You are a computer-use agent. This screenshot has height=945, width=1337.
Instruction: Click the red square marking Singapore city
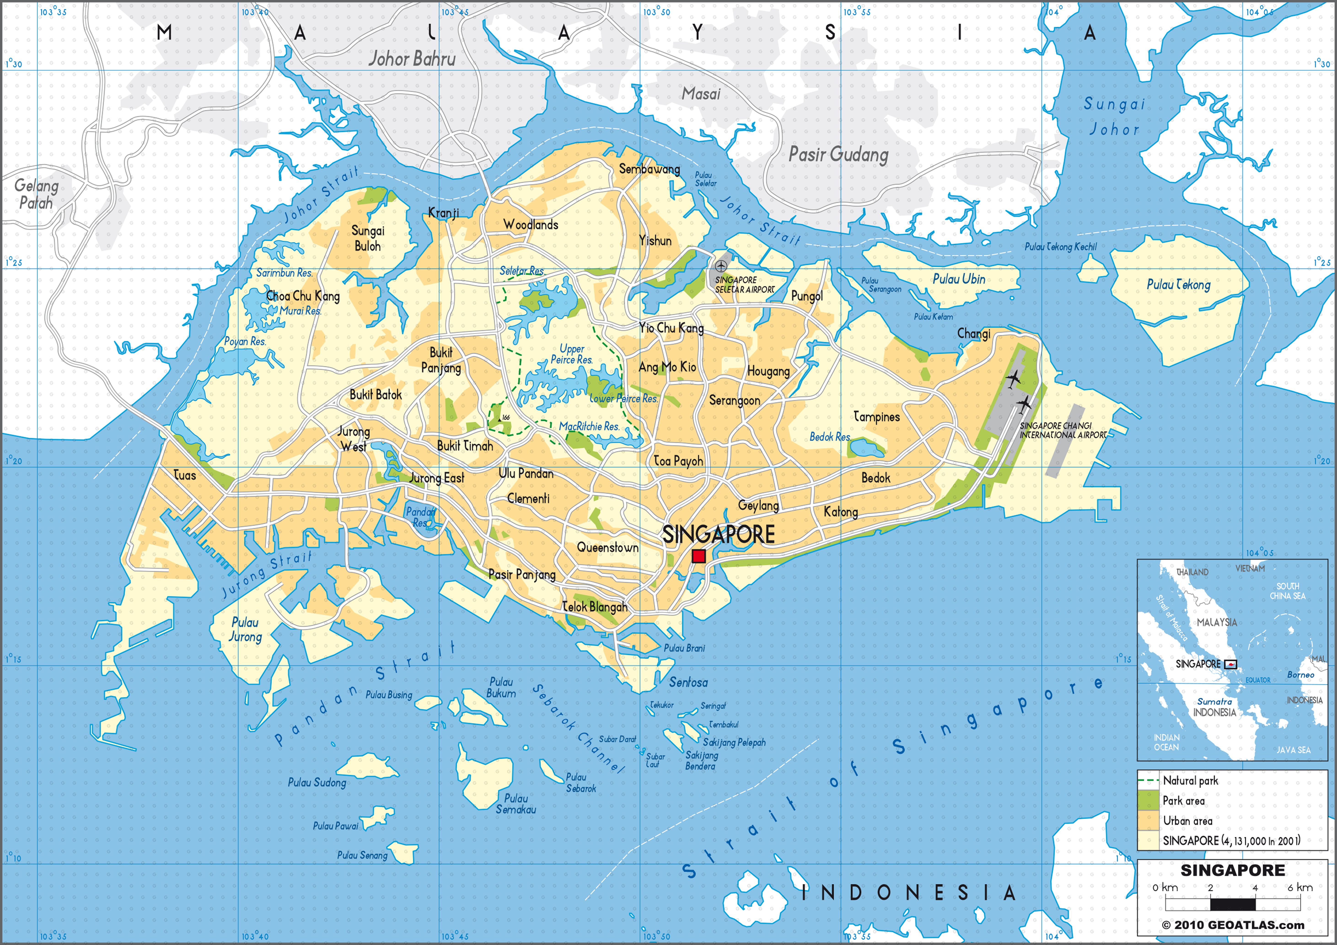click(699, 556)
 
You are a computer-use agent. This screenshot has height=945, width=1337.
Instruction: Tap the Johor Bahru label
click(412, 59)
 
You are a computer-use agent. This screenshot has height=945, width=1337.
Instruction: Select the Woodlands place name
click(531, 225)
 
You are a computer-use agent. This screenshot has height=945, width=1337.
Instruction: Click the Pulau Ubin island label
click(958, 279)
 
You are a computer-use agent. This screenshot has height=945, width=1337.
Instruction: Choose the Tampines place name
click(876, 417)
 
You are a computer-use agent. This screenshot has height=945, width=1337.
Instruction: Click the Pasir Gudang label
click(838, 154)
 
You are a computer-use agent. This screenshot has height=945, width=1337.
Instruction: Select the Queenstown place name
click(607, 547)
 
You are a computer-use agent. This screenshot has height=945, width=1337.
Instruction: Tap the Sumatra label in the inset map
click(1214, 702)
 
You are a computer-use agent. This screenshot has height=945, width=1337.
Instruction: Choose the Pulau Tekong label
click(1178, 285)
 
